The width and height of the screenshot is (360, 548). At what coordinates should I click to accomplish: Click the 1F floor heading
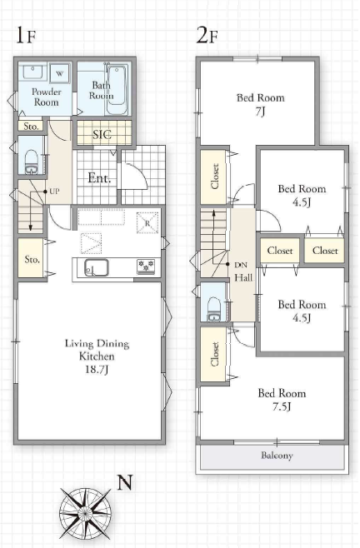coord(26,35)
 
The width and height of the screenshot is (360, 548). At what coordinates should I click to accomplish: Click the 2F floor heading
coord(207,35)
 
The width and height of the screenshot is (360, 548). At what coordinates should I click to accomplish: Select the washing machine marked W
coord(60,73)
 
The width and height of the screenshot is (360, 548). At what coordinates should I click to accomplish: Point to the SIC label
coord(102,135)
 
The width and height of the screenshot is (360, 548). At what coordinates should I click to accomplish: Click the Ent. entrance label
coord(99,178)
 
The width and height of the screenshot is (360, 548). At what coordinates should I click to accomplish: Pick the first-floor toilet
coord(31,162)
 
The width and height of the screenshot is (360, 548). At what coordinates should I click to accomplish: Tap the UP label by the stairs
coord(54,192)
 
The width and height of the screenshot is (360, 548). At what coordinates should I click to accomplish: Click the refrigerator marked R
coord(147,222)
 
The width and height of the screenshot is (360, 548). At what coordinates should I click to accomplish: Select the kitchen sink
coord(96,268)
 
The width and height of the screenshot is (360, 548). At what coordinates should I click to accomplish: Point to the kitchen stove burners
coord(146,267)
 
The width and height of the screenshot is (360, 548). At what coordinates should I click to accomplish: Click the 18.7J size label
coord(97,370)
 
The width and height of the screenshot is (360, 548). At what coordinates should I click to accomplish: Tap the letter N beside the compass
coord(124,483)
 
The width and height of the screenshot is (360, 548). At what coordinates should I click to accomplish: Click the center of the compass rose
coord(85,513)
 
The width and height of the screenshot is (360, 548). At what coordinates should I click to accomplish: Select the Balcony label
coord(277,456)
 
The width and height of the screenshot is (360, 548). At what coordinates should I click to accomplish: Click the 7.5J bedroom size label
coord(282,406)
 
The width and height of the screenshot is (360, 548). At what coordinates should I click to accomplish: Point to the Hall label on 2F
coord(243,278)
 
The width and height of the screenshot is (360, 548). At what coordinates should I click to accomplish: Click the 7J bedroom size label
coord(260,112)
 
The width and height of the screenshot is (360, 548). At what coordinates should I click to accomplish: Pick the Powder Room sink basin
coord(32,72)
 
